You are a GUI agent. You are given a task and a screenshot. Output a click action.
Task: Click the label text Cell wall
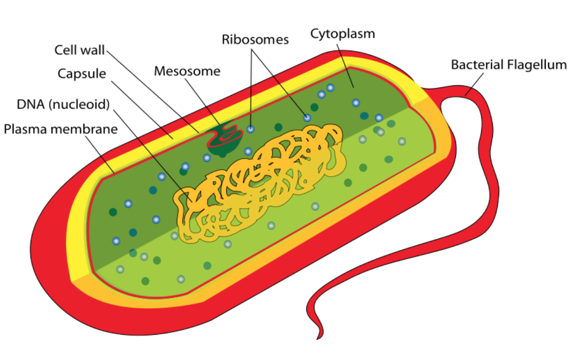tap(80, 50)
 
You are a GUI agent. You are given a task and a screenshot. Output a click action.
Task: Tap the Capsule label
tap(82, 74)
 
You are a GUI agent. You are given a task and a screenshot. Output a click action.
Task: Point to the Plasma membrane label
tap(60, 129)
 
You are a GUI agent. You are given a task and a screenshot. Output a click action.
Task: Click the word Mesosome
tap(187, 71)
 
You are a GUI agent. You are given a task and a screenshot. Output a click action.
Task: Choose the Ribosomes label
tap(255, 39)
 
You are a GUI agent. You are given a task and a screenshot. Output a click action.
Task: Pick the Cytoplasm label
tap(342, 34)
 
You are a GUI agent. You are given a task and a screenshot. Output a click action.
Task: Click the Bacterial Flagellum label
tap(508, 65)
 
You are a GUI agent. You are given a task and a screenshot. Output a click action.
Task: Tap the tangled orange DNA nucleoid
tap(262, 184)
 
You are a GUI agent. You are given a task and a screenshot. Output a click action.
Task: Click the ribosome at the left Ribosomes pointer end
tap(251, 129)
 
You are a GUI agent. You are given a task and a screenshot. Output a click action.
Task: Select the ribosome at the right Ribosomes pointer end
tap(307, 117)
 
